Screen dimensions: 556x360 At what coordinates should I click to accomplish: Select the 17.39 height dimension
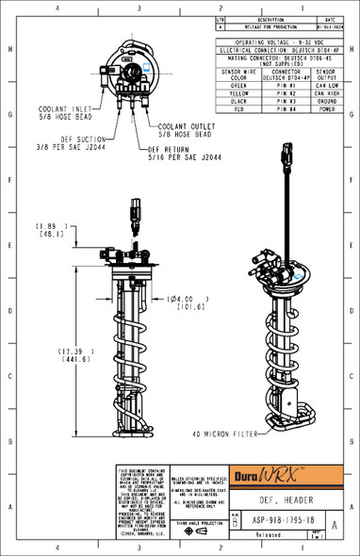[x=50, y=353]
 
